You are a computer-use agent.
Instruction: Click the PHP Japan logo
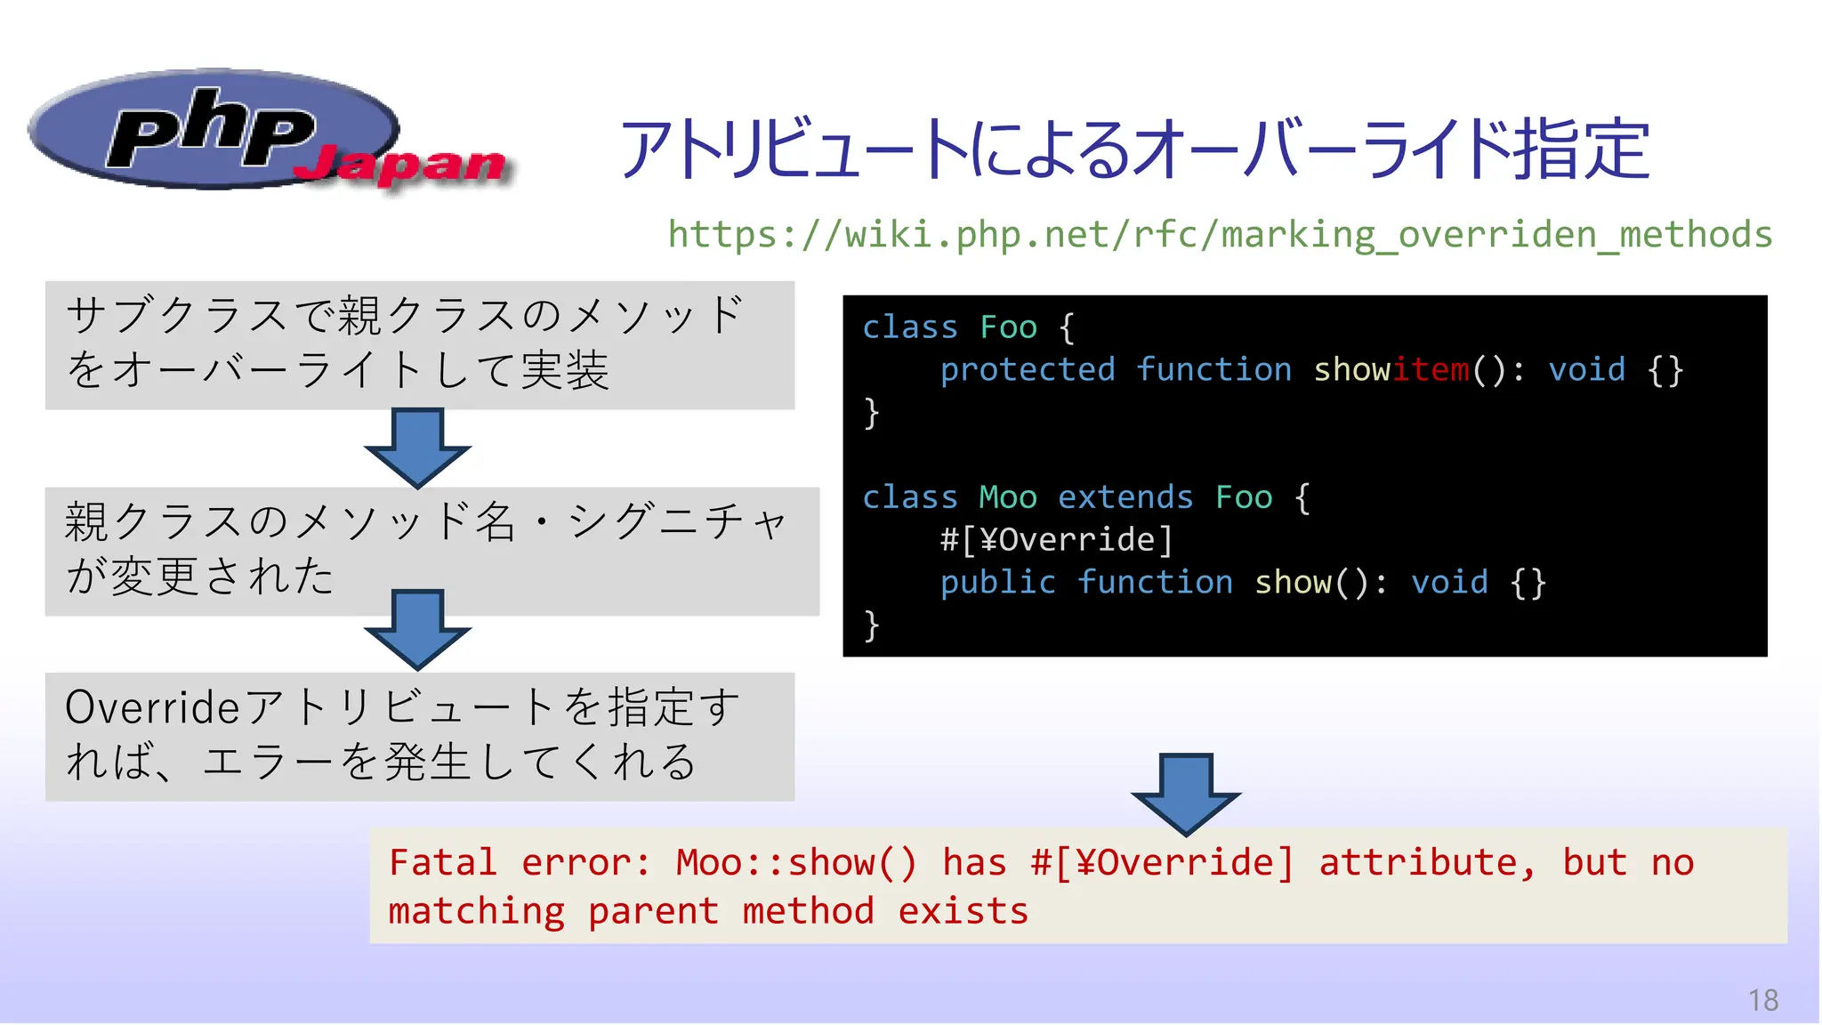click(267, 133)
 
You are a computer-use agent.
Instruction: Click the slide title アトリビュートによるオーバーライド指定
click(1134, 149)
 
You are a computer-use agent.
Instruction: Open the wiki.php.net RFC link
click(1220, 235)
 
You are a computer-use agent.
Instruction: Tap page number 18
click(1762, 1000)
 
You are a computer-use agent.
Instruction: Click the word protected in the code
click(1028, 369)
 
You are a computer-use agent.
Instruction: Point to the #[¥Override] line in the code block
click(1057, 539)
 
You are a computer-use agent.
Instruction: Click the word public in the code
click(998, 582)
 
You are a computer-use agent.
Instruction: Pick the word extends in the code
click(1125, 497)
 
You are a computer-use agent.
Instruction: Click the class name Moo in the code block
click(1008, 497)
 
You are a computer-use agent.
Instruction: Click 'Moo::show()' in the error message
click(795, 862)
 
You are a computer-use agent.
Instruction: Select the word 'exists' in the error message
click(963, 911)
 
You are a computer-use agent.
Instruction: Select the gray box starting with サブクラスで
click(419, 345)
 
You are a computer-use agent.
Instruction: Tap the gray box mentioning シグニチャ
click(431, 551)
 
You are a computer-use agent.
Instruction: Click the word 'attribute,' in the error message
click(1427, 862)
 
